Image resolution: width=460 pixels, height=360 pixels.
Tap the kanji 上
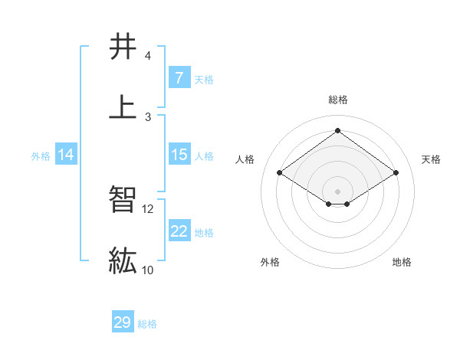123,106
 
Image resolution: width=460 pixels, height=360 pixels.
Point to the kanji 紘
123,260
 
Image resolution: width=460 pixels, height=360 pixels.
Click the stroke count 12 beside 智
148,208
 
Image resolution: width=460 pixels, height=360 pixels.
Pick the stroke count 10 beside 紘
148,270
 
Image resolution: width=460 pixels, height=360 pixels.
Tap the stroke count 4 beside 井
148,56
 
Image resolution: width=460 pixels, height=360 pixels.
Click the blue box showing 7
179,78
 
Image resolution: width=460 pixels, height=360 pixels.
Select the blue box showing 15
179,155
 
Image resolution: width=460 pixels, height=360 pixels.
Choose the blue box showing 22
179,231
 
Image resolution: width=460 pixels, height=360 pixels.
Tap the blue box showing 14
66,155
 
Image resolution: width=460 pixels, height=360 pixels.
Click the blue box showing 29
123,322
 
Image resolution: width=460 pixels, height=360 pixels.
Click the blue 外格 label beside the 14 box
41,155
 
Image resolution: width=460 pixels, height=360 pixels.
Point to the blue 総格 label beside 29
147,323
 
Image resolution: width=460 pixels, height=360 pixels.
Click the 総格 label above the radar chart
337,100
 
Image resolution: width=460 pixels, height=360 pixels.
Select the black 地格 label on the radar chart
402,262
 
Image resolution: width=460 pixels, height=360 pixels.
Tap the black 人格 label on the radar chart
246,159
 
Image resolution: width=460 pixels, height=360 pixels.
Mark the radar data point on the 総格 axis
337,131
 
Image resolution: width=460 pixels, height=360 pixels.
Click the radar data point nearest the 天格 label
396,173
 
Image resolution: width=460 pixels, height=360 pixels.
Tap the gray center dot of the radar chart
337,191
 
